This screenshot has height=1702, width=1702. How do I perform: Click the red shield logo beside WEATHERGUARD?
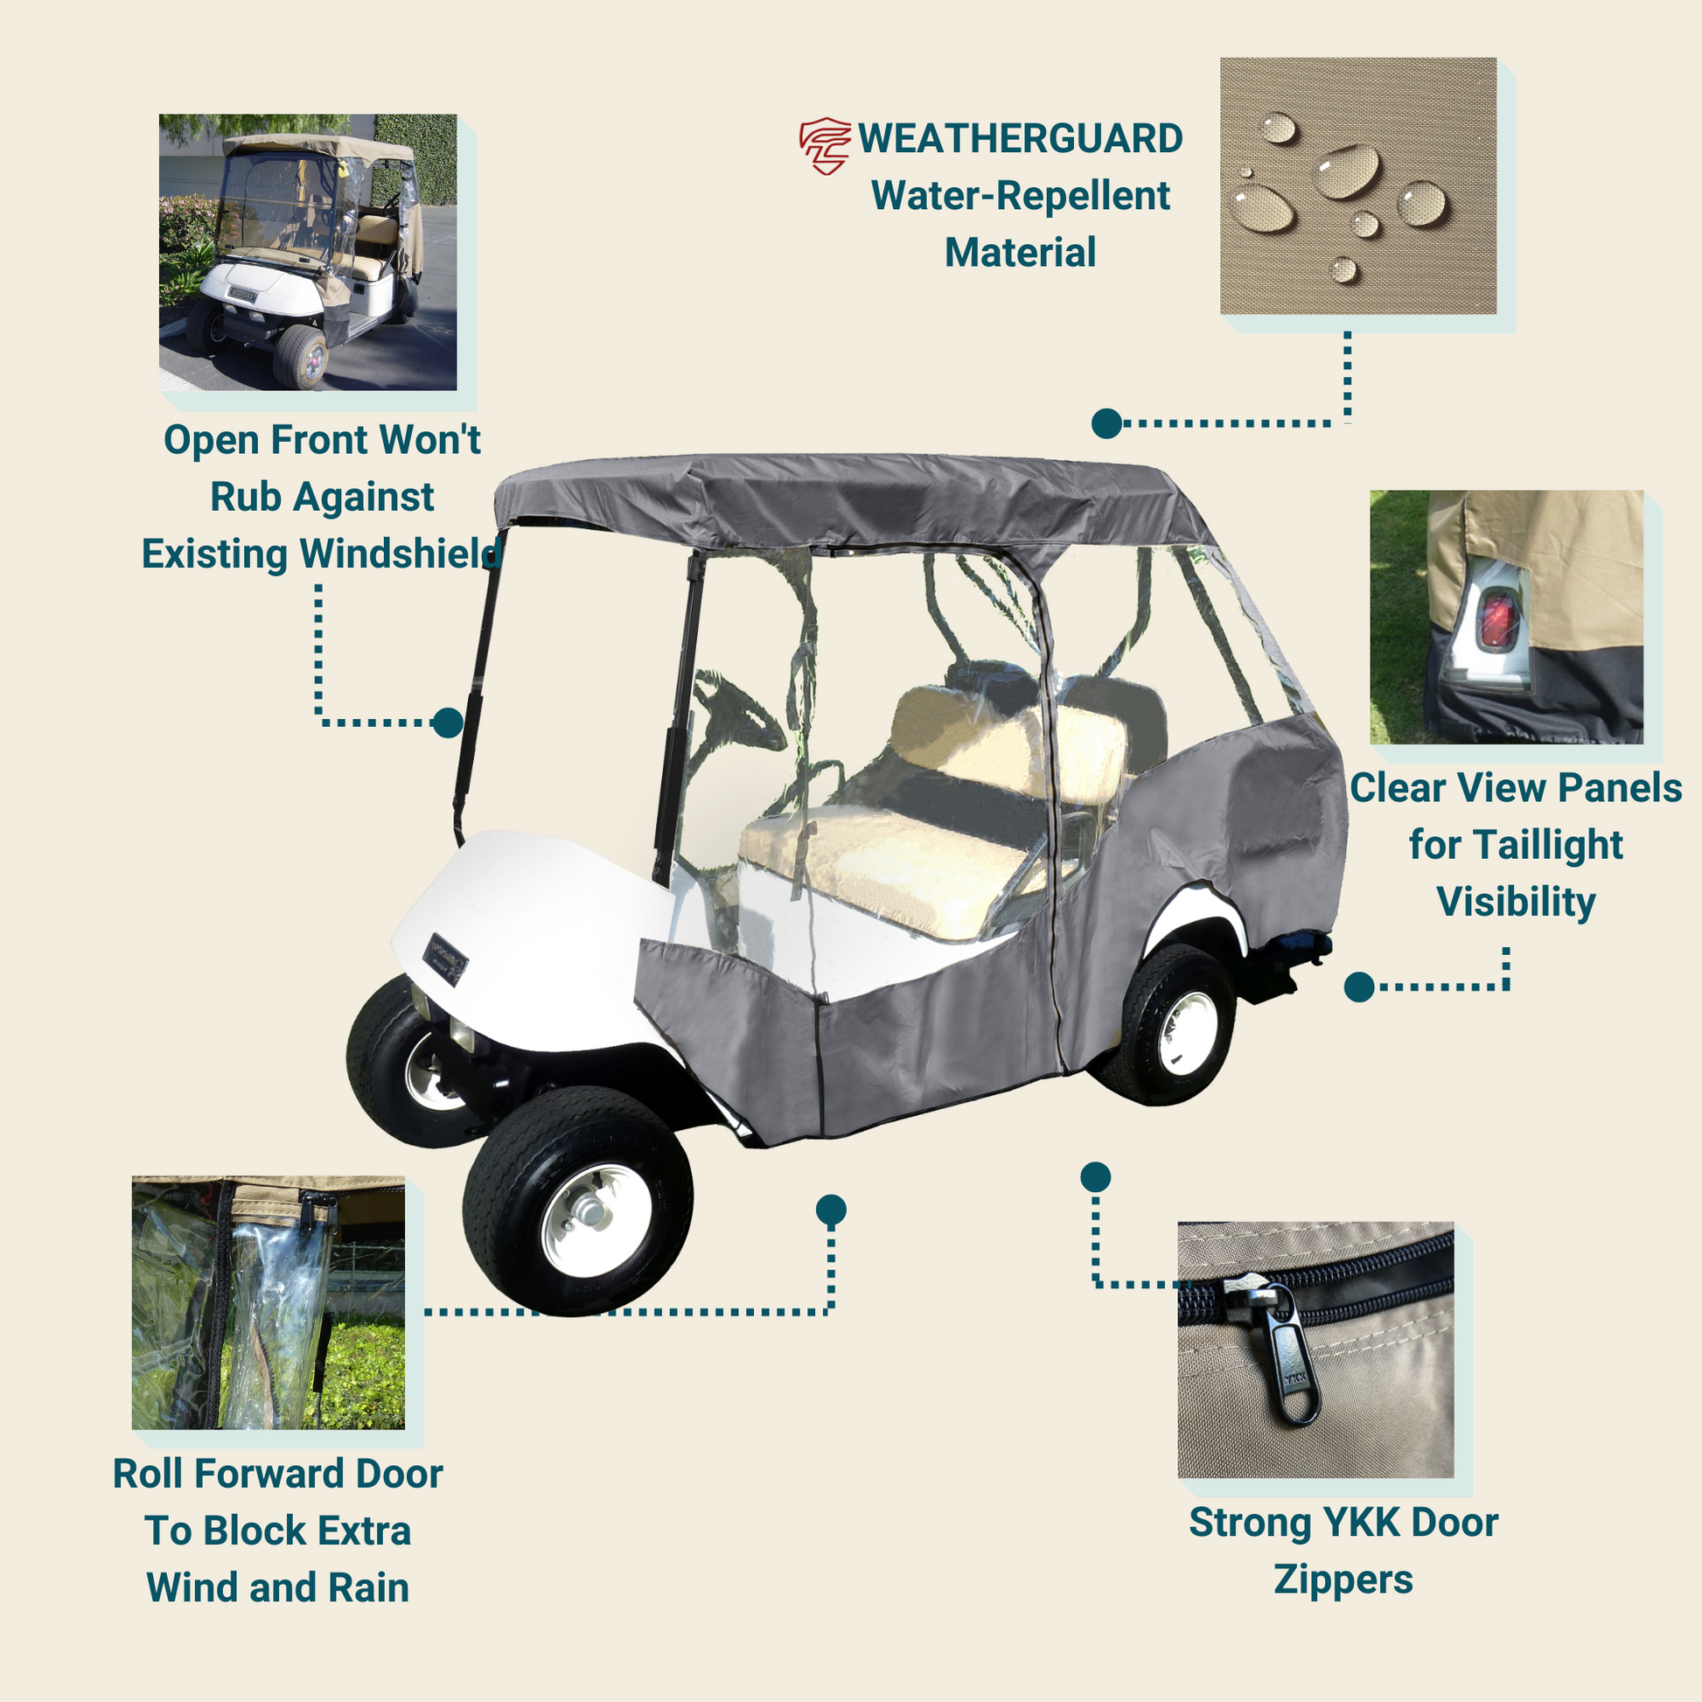coord(826,145)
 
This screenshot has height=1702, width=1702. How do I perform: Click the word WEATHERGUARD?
coord(1020,139)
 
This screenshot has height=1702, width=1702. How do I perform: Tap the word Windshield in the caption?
coord(401,554)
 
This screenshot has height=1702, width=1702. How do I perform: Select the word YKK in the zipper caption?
coord(1368,1523)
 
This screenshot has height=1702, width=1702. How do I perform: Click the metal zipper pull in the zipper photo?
coord(1293,1355)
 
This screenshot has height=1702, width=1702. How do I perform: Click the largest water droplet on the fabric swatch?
coord(1347,170)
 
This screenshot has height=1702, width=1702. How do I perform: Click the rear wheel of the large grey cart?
coord(1167,1023)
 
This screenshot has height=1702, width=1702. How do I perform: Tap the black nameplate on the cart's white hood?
coord(445,959)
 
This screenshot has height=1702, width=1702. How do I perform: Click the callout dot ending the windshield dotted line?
coord(448,723)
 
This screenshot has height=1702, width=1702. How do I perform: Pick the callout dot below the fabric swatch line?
coord(1106,423)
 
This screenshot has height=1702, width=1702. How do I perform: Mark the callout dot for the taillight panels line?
coord(1359,987)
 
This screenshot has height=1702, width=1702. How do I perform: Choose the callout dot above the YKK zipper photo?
coord(1095,1177)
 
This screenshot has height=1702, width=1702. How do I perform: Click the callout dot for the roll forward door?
coord(831,1210)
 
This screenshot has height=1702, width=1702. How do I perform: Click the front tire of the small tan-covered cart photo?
coord(300,356)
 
